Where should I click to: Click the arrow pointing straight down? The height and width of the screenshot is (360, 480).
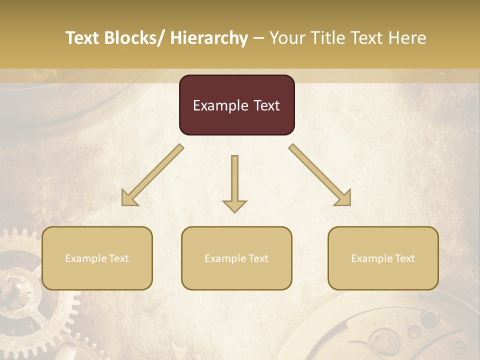[234, 184]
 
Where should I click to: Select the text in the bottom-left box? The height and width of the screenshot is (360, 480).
[97, 258]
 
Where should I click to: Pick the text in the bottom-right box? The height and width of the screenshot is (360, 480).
[383, 258]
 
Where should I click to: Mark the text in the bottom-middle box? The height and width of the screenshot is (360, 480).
[236, 258]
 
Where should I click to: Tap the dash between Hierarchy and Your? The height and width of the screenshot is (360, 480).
[258, 38]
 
